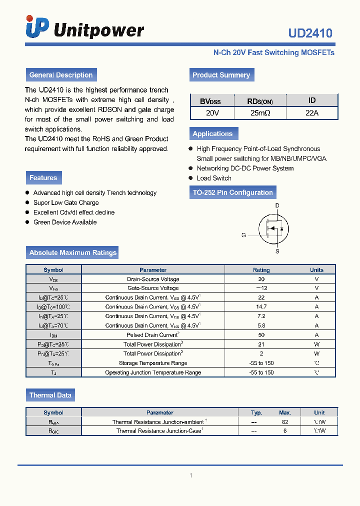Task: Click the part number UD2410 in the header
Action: tap(310, 33)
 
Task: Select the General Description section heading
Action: tap(61, 75)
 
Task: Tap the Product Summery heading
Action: tap(221, 75)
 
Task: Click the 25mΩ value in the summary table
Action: tap(260, 113)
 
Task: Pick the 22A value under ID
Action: tap(311, 113)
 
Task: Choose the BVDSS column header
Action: tap(210, 101)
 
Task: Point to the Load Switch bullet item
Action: tap(214, 178)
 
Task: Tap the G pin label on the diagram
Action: tap(243, 235)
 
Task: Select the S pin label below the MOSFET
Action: tap(277, 251)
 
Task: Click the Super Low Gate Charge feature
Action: tap(66, 202)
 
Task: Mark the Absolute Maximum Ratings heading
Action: tap(72, 252)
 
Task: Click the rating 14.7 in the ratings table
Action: tap(261, 307)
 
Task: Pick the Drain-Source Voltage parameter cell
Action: tap(153, 279)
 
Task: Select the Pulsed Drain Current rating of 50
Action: tap(261, 335)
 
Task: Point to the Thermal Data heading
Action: tap(50, 395)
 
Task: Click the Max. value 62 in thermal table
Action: tap(285, 422)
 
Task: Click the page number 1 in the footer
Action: tap(190, 475)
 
